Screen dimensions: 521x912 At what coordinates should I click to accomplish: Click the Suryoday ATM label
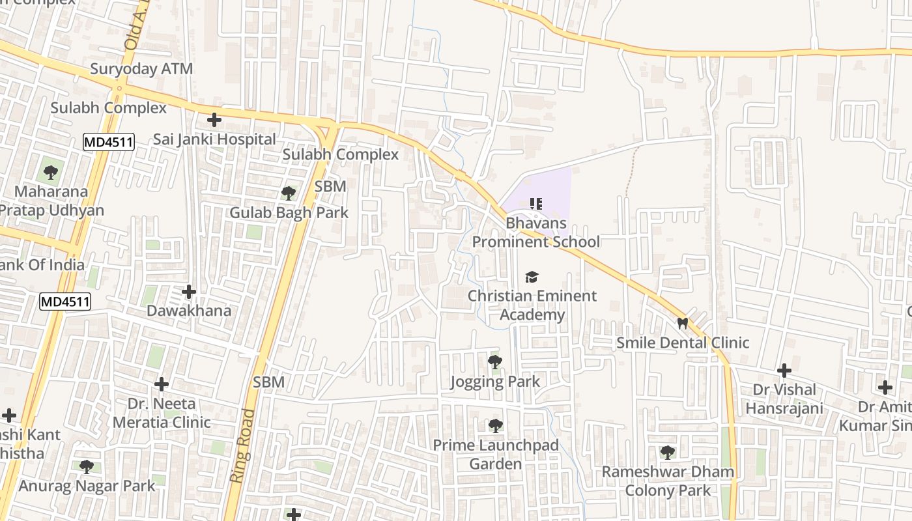(x=141, y=69)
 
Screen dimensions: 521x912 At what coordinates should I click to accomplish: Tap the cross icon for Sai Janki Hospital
(x=214, y=120)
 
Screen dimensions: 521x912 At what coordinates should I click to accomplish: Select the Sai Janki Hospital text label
(x=214, y=139)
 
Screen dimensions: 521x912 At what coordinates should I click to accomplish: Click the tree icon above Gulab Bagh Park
(x=288, y=193)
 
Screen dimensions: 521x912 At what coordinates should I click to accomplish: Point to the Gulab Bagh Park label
(x=289, y=213)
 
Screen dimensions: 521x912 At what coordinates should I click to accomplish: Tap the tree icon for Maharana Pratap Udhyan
(x=51, y=173)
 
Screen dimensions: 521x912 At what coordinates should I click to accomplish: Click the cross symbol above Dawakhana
(x=189, y=292)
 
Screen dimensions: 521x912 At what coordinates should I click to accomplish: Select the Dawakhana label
(x=189, y=311)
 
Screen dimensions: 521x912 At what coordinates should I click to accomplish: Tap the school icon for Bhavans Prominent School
(x=535, y=204)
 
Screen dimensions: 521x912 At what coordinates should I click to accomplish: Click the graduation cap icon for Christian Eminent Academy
(x=532, y=277)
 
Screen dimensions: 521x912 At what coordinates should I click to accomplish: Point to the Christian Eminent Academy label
(x=532, y=305)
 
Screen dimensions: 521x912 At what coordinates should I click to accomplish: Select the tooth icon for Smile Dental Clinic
(x=683, y=323)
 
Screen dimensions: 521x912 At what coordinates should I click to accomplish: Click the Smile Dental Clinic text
(x=683, y=343)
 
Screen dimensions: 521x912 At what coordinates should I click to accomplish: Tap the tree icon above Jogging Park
(x=495, y=362)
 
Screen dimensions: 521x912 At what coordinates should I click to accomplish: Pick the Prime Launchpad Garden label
(x=496, y=455)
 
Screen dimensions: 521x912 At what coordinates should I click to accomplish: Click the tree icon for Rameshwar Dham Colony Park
(x=667, y=452)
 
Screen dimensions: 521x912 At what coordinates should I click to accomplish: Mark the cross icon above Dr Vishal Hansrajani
(x=784, y=371)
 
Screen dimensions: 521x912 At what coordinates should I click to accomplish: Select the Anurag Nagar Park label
(x=87, y=486)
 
